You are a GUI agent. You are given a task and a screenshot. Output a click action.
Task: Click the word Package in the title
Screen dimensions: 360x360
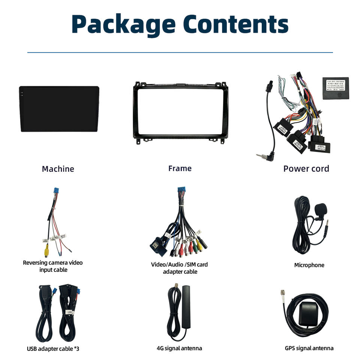tap(124, 24)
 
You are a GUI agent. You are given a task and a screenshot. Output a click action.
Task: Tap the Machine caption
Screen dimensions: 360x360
tap(58, 169)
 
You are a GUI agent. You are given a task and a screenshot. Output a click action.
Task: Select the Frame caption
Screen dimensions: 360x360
tap(180, 168)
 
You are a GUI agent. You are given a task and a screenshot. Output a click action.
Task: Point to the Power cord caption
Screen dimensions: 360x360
tap(306, 169)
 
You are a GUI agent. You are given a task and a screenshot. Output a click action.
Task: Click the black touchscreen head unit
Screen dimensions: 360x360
tap(59, 109)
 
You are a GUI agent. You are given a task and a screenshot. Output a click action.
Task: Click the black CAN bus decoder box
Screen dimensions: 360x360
tap(335, 88)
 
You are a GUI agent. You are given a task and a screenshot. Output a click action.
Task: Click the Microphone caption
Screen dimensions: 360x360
tap(309, 265)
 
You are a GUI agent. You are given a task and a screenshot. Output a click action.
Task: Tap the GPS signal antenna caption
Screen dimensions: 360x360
tap(309, 348)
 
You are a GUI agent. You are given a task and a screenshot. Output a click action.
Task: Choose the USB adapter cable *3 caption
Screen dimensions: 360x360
tap(53, 348)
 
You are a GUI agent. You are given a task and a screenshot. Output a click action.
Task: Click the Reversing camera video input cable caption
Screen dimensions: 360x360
tap(52, 266)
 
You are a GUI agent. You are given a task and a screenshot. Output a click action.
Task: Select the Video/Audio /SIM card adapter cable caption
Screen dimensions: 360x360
tap(180, 268)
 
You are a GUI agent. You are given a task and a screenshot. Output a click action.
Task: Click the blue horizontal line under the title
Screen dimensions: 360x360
tap(180, 52)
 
